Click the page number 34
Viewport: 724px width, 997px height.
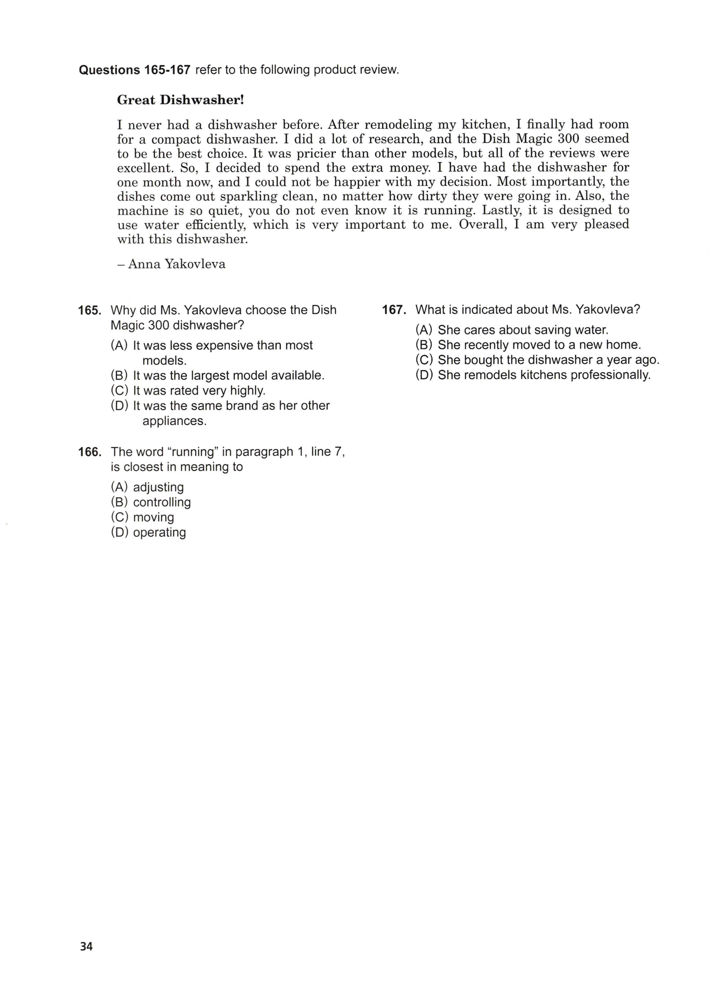pos(86,946)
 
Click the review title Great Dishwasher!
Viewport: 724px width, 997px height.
pos(180,100)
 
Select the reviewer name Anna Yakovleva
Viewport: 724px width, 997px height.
pos(177,264)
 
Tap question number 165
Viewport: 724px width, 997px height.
pos(89,310)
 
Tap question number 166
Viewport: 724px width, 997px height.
pos(89,452)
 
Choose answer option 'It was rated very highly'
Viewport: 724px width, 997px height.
pos(199,390)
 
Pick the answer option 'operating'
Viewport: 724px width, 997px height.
pos(159,532)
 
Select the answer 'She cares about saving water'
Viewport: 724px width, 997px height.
pos(523,330)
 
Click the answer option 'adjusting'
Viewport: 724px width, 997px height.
pos(158,487)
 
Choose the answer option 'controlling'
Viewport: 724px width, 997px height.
pos(162,502)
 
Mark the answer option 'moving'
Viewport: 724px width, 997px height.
pos(153,517)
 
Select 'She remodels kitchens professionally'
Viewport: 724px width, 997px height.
pos(544,375)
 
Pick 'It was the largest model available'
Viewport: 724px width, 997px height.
pos(228,376)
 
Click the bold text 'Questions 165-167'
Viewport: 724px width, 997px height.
pos(134,70)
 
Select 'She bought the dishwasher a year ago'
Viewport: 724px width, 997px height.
pos(548,360)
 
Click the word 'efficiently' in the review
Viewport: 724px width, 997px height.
pos(215,225)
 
